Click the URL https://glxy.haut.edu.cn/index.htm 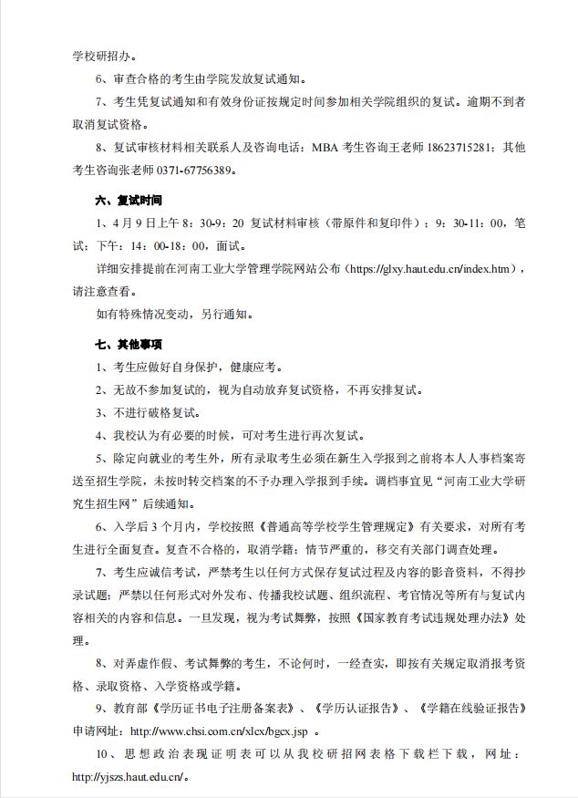pos(428,270)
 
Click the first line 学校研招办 pos(105,57)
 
